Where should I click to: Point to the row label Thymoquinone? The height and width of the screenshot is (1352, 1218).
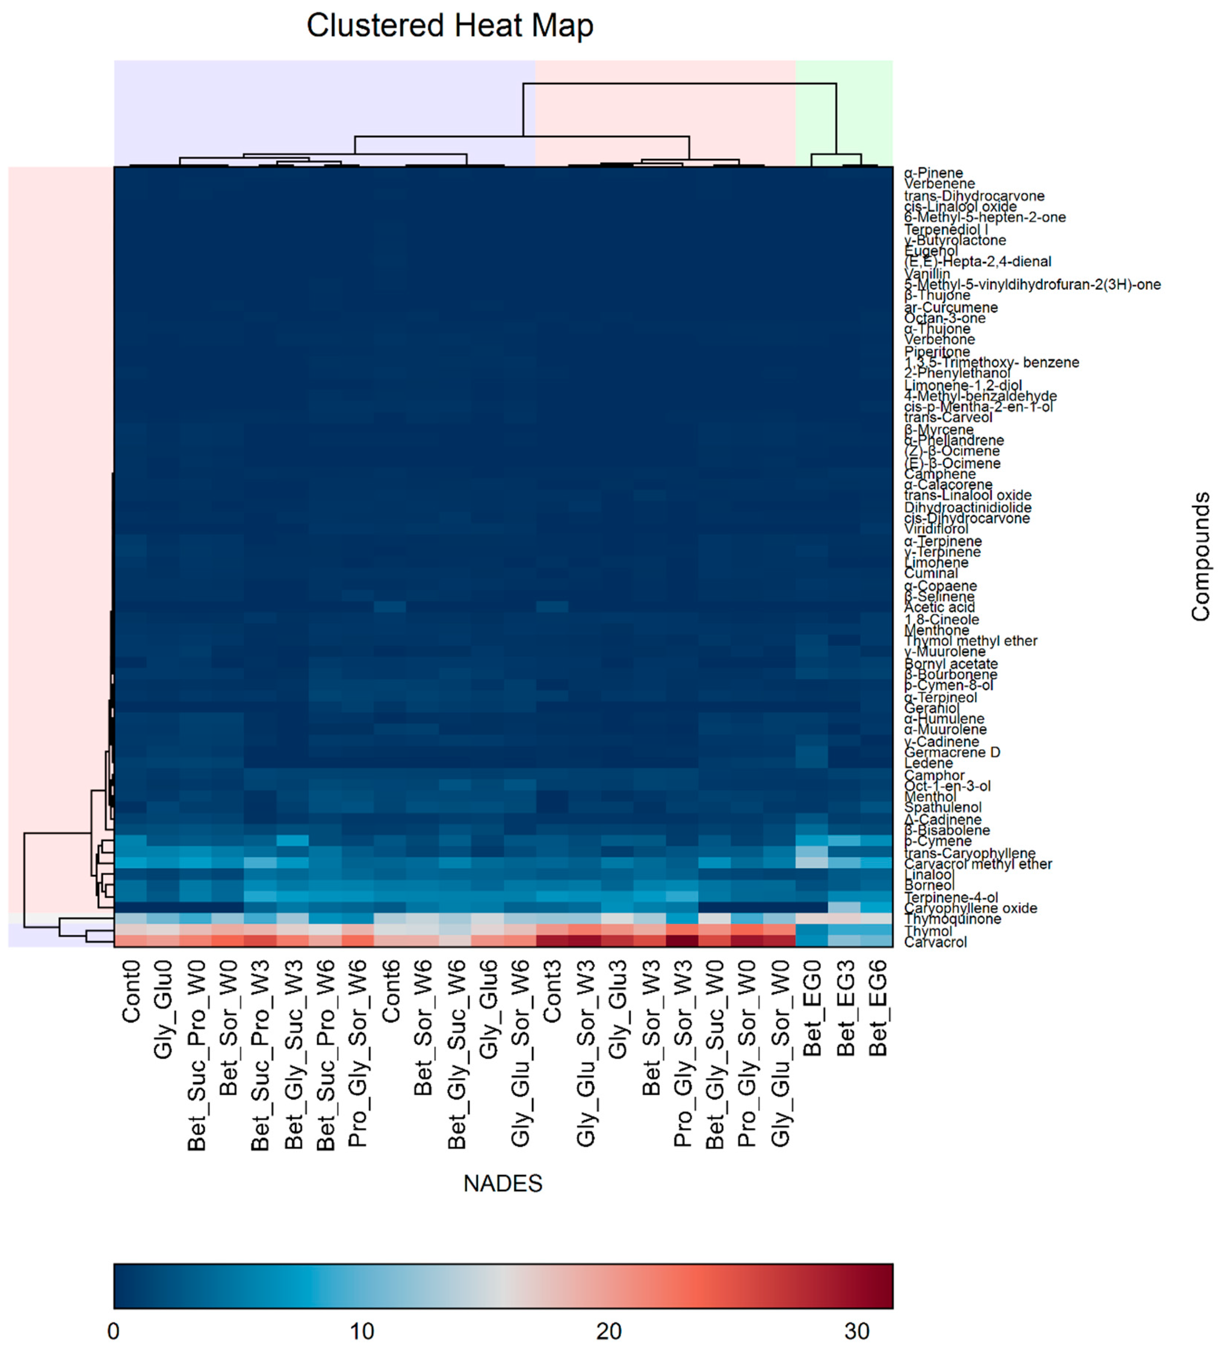952,919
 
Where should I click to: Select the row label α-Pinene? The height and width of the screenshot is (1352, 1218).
933,173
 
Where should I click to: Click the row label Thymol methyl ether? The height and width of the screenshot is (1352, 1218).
970,641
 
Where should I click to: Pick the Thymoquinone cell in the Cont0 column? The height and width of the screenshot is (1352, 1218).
130,919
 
